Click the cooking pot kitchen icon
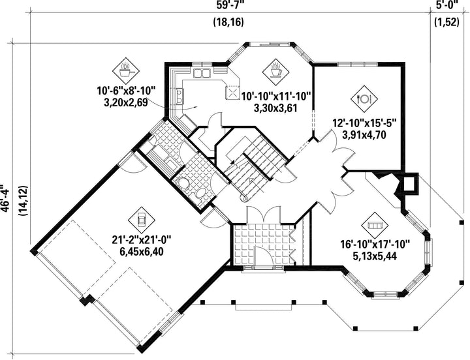coord(125,71)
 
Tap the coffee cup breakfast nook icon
coord(275,71)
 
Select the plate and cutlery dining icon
coord(364,98)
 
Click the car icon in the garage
coord(142,220)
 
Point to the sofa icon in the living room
coord(375,225)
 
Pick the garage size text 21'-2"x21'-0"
coord(142,240)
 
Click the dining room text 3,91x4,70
coord(364,134)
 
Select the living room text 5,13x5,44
coord(375,256)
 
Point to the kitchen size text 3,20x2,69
coord(125,103)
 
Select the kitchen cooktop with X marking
coord(232,91)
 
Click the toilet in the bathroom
coord(181,183)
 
